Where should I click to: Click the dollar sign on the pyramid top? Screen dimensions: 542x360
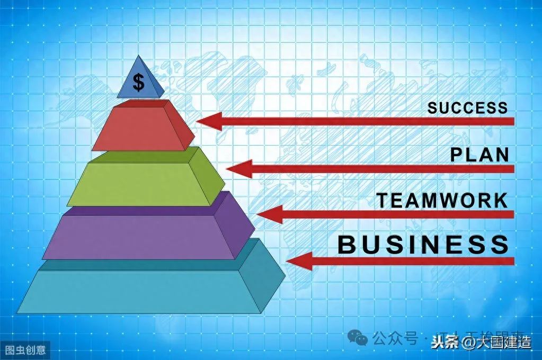coord(138,83)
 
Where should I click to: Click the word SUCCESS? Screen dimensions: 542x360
coord(467,108)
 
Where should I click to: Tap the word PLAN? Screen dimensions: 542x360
coord(479,155)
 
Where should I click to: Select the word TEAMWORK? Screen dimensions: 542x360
coord(442,201)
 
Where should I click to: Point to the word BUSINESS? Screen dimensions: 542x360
coord(423,245)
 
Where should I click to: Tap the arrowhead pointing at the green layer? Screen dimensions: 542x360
coord(238,169)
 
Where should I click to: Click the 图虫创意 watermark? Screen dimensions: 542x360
coord(25,349)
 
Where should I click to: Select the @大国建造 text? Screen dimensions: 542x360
coord(496,343)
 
